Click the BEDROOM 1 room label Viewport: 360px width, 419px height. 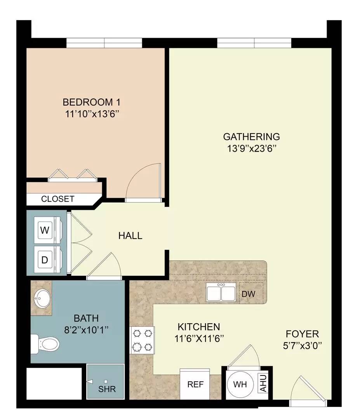point(92,102)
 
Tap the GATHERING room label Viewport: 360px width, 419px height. point(251,137)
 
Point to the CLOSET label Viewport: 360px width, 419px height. point(57,199)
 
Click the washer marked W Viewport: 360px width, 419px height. point(45,230)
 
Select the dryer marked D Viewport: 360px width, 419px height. point(45,260)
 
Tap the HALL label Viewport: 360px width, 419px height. point(130,235)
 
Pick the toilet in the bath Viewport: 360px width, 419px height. point(46,343)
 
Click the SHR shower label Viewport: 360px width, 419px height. point(107,389)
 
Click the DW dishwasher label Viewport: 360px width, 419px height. point(249,294)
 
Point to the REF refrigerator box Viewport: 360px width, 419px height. point(195,384)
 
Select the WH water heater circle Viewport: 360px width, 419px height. point(240,385)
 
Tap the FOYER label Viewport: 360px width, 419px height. point(302,334)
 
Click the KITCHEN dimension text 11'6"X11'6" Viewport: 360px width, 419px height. point(199,338)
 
